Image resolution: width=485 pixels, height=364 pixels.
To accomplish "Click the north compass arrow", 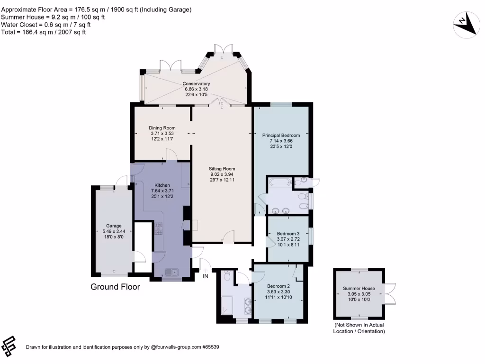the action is [467, 25].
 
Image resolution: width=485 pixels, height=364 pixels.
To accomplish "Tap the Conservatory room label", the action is [196, 83].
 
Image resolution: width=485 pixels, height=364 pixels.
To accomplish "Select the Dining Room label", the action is [162, 128].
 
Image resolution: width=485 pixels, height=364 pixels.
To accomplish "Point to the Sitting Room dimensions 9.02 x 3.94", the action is [222, 174].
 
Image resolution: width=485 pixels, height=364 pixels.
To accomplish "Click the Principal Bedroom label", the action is [281, 135].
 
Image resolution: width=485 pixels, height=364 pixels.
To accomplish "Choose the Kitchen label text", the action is [162, 185].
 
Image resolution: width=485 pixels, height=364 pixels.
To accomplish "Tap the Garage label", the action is [114, 226].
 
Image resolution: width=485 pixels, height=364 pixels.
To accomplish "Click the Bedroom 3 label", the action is [288, 233].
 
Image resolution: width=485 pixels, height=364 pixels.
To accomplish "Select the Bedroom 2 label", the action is [278, 286].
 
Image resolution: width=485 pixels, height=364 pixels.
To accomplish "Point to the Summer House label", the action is [359, 288].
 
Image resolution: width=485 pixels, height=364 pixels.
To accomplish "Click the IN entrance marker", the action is [206, 276].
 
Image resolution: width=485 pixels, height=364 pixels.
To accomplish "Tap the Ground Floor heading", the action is [116, 287].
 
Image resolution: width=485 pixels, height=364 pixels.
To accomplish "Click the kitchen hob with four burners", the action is [158, 228].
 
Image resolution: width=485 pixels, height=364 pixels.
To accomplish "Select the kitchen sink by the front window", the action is [171, 272].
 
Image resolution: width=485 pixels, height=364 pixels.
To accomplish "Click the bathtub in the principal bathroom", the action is [280, 182].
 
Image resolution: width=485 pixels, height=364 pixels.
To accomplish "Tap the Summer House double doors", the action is [390, 294].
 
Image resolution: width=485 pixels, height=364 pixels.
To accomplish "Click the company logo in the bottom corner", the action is [9, 346].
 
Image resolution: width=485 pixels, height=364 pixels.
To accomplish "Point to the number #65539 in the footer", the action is [211, 347].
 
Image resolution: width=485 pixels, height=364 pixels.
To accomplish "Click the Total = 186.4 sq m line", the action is [43, 32].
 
